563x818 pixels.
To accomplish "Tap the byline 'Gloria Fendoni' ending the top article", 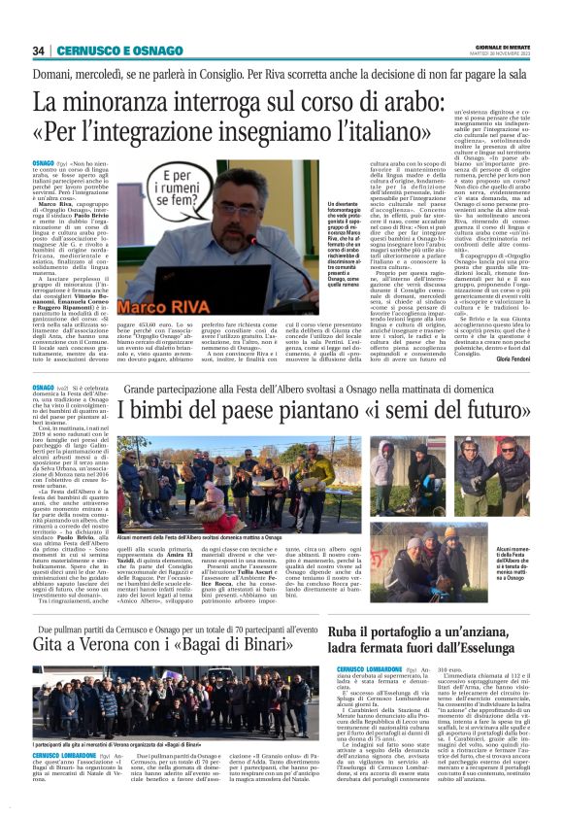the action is pos(513,359).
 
